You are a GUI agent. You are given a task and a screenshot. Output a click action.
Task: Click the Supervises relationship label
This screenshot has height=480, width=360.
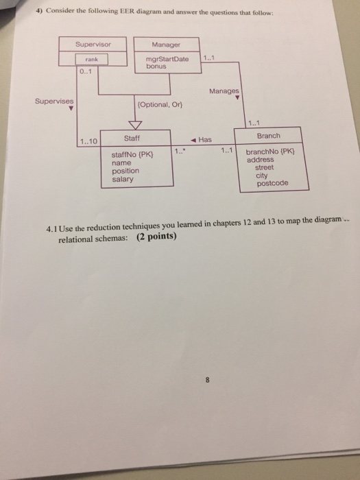pyautogui.click(x=55, y=100)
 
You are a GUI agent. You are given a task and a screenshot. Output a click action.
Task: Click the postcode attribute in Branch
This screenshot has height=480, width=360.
pyautogui.click(x=273, y=184)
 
